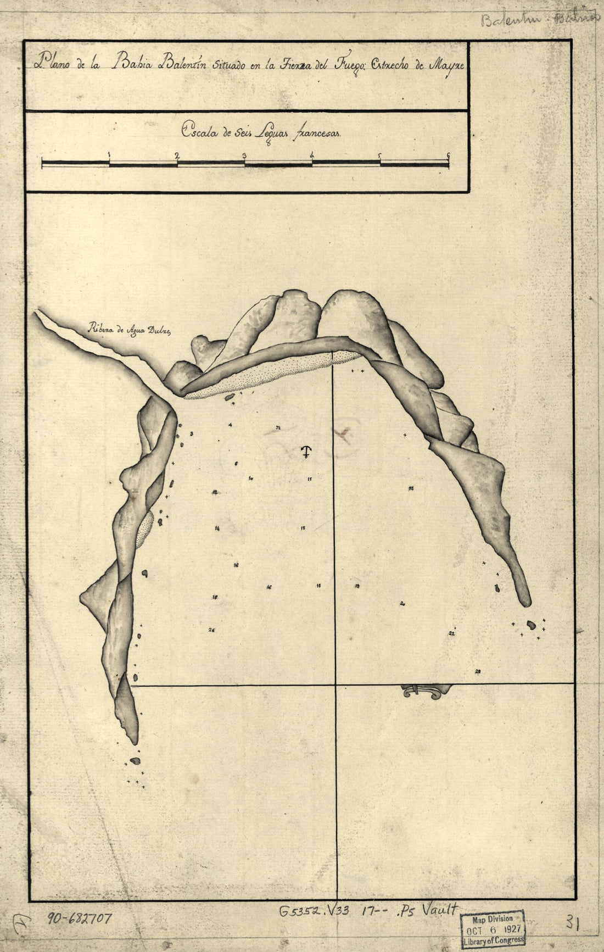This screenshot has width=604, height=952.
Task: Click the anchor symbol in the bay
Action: (x=306, y=452)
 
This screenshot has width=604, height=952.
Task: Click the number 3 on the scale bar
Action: (x=244, y=155)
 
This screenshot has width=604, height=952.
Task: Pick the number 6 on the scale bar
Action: (x=449, y=155)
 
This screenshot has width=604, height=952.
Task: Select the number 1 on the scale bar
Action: (x=110, y=155)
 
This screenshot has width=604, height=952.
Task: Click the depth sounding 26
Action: (x=211, y=630)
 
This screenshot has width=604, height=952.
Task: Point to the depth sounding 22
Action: (x=451, y=633)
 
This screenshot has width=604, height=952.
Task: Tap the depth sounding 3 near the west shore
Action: (x=191, y=434)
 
